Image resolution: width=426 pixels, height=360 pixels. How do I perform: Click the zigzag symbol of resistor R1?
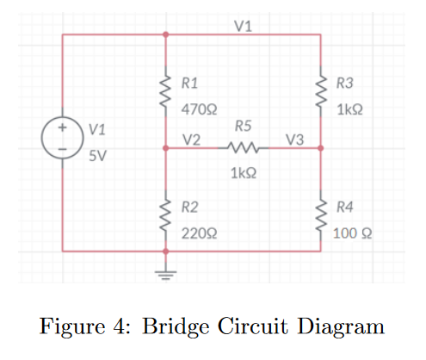[x=166, y=91]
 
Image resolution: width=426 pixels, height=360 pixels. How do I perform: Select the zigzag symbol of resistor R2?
[x=166, y=215]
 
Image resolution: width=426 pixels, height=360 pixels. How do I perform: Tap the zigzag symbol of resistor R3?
[x=321, y=91]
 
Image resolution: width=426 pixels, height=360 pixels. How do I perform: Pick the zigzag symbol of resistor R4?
[x=321, y=215]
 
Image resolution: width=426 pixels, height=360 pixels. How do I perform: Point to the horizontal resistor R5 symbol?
[x=244, y=147]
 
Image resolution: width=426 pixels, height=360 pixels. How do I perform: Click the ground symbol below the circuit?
[x=166, y=275]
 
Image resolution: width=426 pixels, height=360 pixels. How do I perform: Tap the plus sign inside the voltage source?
[x=62, y=127]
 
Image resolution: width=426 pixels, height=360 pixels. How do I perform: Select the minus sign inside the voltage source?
[x=62, y=149]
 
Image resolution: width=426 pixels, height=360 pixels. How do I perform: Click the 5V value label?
[x=97, y=156]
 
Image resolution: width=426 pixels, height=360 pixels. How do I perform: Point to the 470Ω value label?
[x=199, y=109]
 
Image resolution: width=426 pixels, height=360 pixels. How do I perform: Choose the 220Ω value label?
[x=199, y=233]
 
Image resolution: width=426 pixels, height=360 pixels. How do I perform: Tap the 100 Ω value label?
[x=352, y=233]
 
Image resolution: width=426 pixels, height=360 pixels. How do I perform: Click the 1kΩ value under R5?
[x=244, y=173]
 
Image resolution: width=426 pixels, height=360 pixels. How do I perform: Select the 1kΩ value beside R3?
[x=349, y=109]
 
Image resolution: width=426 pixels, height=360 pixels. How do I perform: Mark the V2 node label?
[x=192, y=140]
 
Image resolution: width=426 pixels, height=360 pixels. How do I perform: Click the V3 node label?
[x=294, y=140]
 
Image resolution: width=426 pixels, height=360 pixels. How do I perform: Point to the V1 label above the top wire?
[x=243, y=26]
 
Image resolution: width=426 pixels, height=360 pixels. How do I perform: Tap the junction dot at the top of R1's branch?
[x=166, y=34]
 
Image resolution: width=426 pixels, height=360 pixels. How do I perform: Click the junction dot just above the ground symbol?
[x=166, y=251]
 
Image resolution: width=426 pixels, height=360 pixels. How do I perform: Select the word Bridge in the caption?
[x=176, y=327]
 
